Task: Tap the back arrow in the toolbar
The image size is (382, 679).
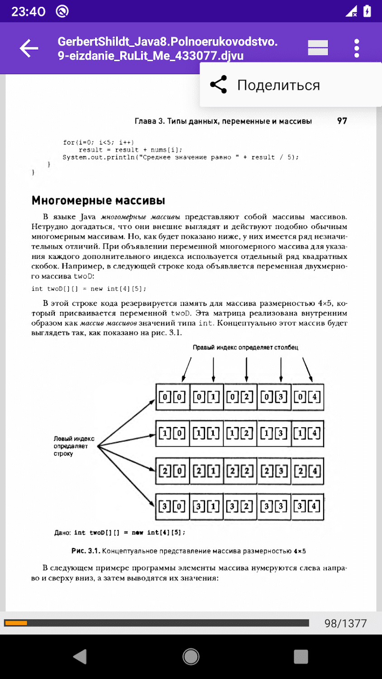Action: [x=29, y=48]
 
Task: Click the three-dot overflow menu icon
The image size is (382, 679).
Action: [x=357, y=48]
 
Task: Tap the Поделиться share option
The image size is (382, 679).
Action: [x=278, y=85]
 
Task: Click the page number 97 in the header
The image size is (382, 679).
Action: [x=342, y=121]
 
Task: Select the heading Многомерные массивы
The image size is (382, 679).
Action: [x=98, y=201]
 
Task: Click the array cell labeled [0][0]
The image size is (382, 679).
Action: [x=172, y=397]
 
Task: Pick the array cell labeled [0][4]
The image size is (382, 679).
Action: [x=308, y=397]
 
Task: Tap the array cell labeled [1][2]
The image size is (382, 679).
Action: [x=240, y=433]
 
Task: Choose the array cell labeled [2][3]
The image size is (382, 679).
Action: [x=274, y=471]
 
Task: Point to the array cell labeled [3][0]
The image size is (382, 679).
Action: [x=172, y=506]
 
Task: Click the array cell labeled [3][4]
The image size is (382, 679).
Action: [x=308, y=506]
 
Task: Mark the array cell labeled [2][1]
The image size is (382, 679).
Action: [x=206, y=471]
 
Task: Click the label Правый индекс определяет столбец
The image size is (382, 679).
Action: [x=245, y=348]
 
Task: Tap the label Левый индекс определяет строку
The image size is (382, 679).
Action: [x=74, y=446]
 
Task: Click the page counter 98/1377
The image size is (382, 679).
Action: [x=345, y=623]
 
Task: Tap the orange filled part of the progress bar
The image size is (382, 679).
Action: [x=16, y=623]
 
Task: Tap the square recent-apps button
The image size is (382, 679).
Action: [x=301, y=656]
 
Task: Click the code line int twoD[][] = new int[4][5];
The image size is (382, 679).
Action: [x=89, y=289]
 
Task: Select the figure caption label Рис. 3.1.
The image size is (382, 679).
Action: [x=85, y=551]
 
